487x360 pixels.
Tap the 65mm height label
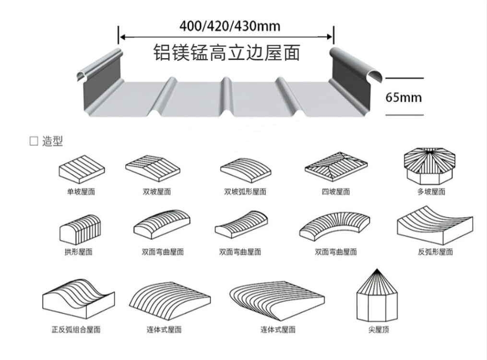[x=404, y=97]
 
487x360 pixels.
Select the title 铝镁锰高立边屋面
[x=226, y=52]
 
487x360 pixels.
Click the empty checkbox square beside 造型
[x=34, y=142]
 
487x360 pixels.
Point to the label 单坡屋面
[x=81, y=192]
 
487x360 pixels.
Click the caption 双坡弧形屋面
[x=245, y=192]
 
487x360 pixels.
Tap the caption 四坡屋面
[x=336, y=192]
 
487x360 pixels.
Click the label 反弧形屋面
[x=435, y=252]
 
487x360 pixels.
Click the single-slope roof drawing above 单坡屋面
[x=82, y=166]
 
